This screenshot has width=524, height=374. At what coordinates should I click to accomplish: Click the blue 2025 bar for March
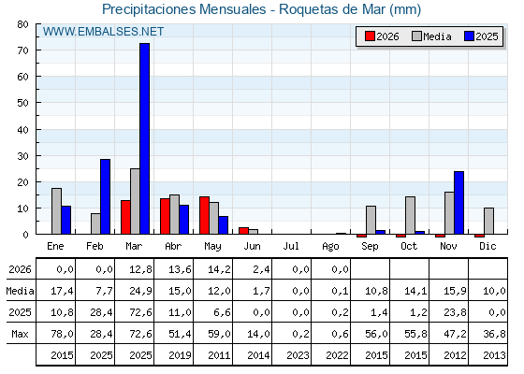coord(145,138)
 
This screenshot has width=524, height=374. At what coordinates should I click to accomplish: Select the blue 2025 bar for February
coord(105,196)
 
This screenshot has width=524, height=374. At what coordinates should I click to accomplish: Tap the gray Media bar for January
coord(56,211)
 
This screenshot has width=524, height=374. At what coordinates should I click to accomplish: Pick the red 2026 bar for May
coord(204,215)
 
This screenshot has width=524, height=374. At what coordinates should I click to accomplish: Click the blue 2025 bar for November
coord(458,203)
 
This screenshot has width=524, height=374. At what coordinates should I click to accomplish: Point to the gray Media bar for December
coord(488,221)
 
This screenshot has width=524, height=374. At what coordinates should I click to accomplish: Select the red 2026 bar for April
coord(165,216)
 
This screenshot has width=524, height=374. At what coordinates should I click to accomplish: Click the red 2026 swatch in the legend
coord(370,36)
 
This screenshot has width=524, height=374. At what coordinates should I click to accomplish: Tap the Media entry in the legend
coord(431,36)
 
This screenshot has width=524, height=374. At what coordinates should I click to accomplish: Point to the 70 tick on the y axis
coord(37,50)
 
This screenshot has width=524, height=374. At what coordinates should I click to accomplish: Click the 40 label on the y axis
coord(23,130)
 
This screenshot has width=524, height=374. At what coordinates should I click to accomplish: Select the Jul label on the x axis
coord(291,247)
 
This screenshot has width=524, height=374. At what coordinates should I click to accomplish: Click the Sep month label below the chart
coord(370,247)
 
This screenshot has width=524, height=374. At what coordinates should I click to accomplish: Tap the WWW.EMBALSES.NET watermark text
coord(103,32)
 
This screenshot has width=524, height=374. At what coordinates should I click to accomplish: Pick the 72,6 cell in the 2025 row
coord(140,312)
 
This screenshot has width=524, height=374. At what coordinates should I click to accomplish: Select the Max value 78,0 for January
coord(62,334)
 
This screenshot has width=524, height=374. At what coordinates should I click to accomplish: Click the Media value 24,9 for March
coord(140,291)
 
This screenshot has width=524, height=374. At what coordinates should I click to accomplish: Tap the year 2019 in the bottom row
coord(180,355)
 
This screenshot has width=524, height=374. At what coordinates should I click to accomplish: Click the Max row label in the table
coord(20,334)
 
